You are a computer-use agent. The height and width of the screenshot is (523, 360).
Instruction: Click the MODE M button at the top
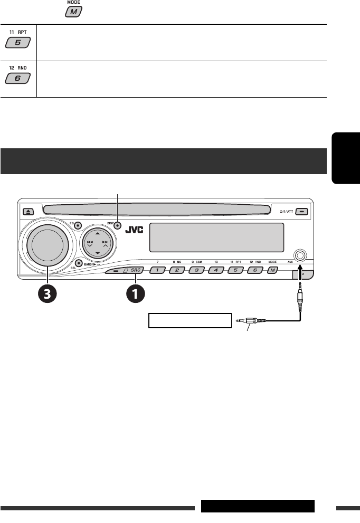click(x=73, y=12)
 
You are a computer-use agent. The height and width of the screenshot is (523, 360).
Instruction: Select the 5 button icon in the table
click(x=18, y=44)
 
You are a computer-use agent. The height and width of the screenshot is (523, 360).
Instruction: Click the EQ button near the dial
click(x=77, y=225)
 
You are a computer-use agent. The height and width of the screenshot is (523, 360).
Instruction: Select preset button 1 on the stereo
click(x=157, y=271)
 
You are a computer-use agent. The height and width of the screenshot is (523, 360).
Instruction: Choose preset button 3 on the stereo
click(x=196, y=271)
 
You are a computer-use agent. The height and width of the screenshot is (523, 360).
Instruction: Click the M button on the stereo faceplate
click(x=272, y=271)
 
